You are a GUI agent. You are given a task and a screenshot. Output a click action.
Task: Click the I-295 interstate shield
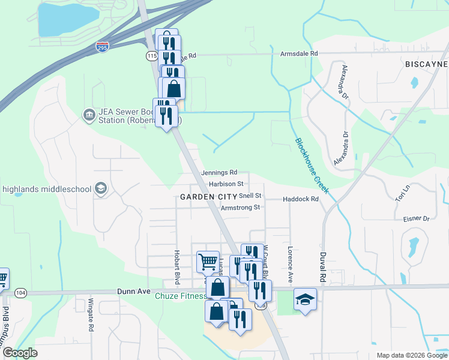[102, 46]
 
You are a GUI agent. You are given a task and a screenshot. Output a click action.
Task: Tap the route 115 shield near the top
[151, 55]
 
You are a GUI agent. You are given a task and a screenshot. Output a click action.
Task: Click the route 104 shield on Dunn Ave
[21, 292]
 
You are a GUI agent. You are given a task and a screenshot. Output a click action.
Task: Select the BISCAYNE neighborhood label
[426, 64]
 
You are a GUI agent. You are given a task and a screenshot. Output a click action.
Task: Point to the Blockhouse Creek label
[312, 166]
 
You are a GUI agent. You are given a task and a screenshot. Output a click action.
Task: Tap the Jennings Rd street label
[219, 172]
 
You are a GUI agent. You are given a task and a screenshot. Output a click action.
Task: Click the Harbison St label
[226, 184]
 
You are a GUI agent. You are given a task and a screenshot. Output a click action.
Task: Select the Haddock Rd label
[300, 199]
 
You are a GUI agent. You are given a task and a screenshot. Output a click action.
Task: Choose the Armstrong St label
[240, 208]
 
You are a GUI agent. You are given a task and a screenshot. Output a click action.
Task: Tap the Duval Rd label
[322, 268]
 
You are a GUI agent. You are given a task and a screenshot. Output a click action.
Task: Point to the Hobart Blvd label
[177, 268]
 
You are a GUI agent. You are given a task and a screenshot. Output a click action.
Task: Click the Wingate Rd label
[91, 315]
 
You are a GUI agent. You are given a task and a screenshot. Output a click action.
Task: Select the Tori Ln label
[402, 193]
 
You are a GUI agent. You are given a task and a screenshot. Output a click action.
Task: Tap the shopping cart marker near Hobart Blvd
[207, 261]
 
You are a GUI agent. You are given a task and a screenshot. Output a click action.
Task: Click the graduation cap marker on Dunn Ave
[305, 299]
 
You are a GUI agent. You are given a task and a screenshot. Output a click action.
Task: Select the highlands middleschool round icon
[100, 188]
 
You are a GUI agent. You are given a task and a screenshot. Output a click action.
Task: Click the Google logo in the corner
[20, 353]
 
